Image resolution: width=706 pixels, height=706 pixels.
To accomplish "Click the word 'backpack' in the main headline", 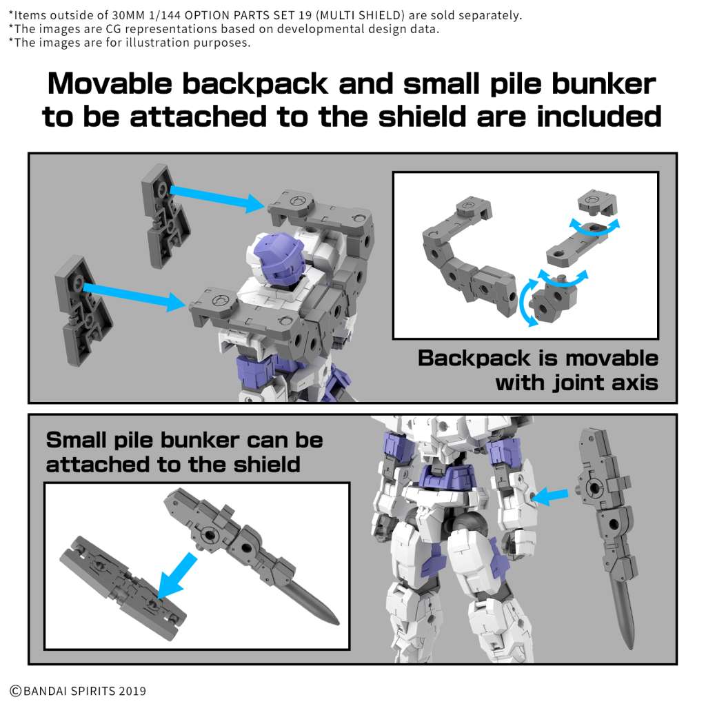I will pyautogui.click(x=248, y=84).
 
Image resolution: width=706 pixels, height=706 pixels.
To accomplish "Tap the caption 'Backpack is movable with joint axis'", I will pyautogui.click(x=538, y=370).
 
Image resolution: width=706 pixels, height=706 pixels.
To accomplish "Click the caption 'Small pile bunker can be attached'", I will pyautogui.click(x=183, y=452).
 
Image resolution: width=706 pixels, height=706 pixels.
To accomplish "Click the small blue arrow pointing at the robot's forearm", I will pyautogui.click(x=553, y=494).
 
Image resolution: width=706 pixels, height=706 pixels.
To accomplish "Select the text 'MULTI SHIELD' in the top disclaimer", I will pyautogui.click(x=369, y=14).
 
